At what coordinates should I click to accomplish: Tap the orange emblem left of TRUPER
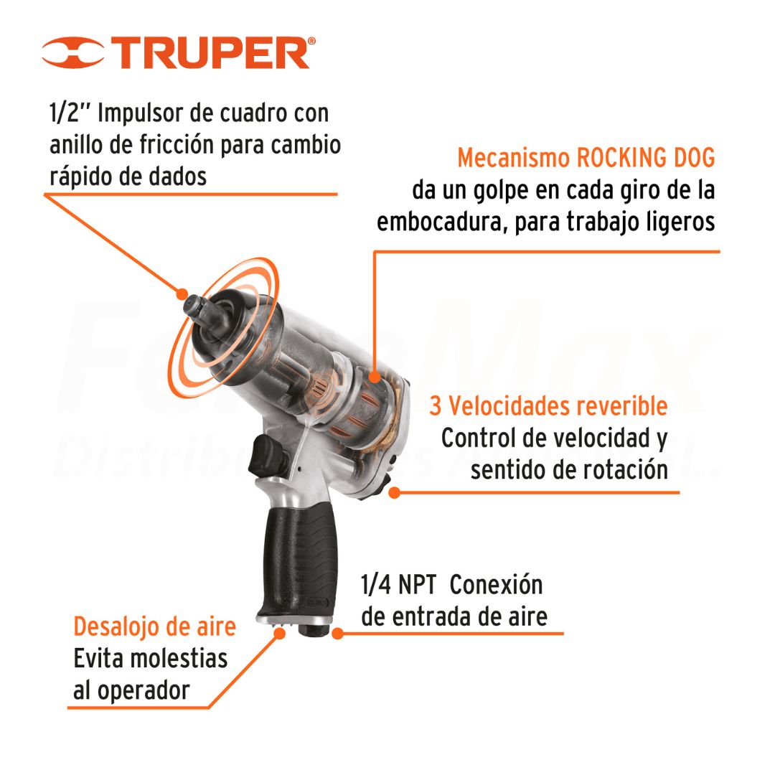tap(72, 52)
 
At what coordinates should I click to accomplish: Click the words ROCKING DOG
tap(646, 158)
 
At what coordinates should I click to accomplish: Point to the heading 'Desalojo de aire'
tap(155, 626)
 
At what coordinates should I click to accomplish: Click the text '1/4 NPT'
tap(398, 585)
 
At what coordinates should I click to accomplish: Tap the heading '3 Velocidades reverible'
tap(549, 405)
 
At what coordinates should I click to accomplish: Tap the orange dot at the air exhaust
tap(280, 633)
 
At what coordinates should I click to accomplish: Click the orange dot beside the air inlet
tap(337, 633)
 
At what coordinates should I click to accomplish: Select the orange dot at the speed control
tap(395, 492)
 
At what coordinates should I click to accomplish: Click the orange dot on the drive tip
tap(182, 293)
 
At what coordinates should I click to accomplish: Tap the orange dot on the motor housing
tap(375, 377)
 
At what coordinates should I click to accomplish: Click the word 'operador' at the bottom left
tap(144, 691)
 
